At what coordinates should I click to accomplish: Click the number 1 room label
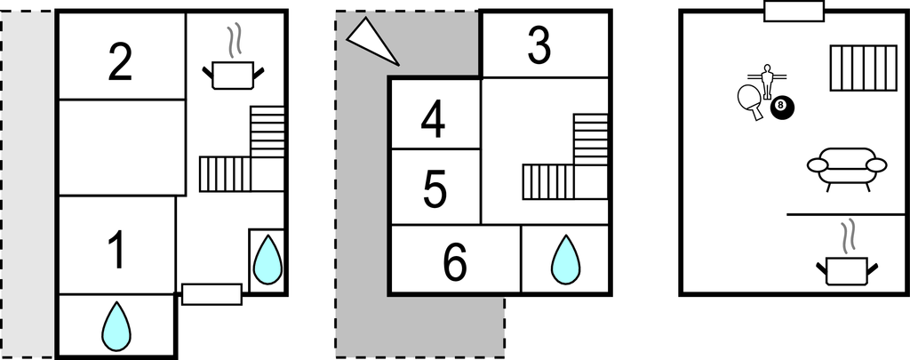pyautogui.click(x=117, y=251)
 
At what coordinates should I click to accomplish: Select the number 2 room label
pyautogui.click(x=120, y=62)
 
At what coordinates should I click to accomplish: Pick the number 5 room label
pyautogui.click(x=435, y=189)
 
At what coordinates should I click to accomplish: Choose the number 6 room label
pyautogui.click(x=455, y=262)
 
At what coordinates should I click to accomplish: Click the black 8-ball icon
pyautogui.click(x=782, y=107)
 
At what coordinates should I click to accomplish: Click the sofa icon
pyautogui.click(x=847, y=168)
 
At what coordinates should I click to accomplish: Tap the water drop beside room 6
pyautogui.click(x=565, y=260)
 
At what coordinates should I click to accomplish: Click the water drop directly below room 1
pyautogui.click(x=116, y=326)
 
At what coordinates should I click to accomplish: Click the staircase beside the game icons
pyautogui.click(x=864, y=68)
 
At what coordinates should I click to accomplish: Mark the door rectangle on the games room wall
pyautogui.click(x=794, y=12)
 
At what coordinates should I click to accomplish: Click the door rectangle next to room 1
pyautogui.click(x=212, y=294)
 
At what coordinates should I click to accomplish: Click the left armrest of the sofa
pyautogui.click(x=818, y=165)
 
